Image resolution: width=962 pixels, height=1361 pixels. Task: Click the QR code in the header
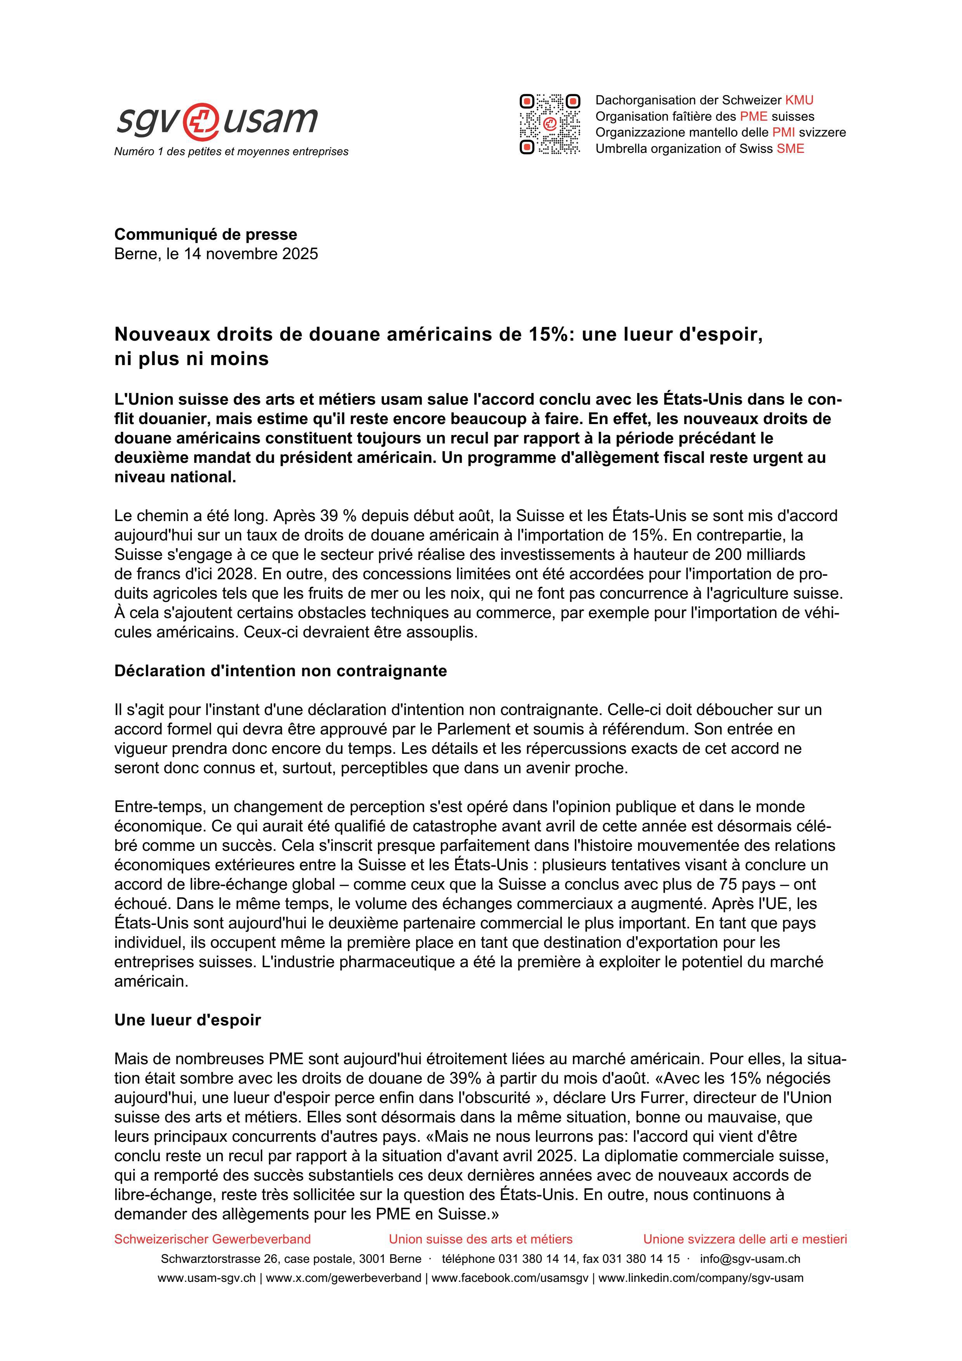[x=549, y=124]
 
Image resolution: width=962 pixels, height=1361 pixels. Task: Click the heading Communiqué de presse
[x=206, y=234]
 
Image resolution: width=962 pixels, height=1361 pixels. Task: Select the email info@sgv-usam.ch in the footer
[x=750, y=1259]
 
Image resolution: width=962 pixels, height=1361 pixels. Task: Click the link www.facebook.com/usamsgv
[x=510, y=1278]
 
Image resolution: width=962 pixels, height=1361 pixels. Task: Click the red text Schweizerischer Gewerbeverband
[x=212, y=1239]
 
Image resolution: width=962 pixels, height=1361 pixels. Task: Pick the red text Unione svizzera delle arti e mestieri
[x=745, y=1239]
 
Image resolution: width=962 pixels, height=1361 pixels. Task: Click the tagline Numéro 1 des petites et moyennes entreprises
[x=231, y=152]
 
